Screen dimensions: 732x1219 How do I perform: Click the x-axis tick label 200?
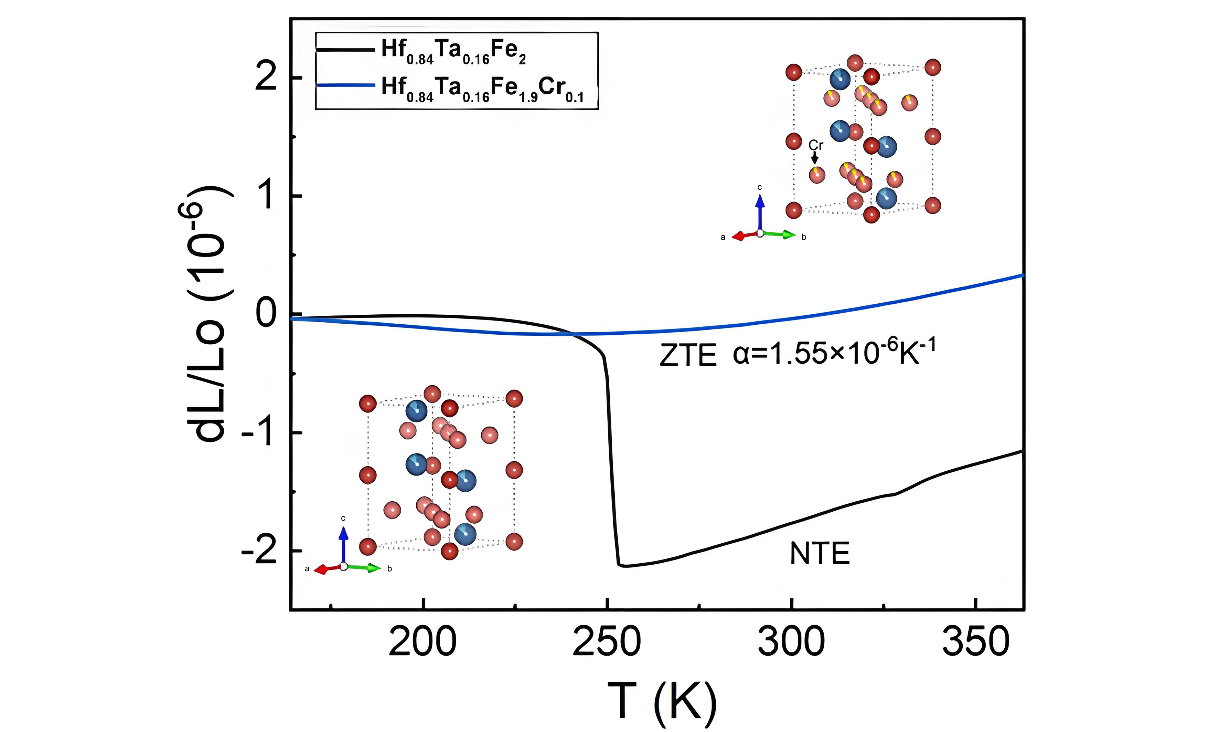(423, 642)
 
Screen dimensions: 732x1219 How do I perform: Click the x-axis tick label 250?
(607, 642)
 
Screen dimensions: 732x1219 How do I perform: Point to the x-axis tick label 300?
(791, 642)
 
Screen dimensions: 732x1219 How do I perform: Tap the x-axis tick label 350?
(975, 642)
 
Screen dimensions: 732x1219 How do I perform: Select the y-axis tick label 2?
(266, 77)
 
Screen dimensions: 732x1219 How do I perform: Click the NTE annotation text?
(820, 553)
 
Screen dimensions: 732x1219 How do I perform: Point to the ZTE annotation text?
(688, 355)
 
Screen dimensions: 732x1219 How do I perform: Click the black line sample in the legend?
(345, 49)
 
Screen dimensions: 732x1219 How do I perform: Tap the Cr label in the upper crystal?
(816, 145)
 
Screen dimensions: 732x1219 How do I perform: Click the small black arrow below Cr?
(815, 158)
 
